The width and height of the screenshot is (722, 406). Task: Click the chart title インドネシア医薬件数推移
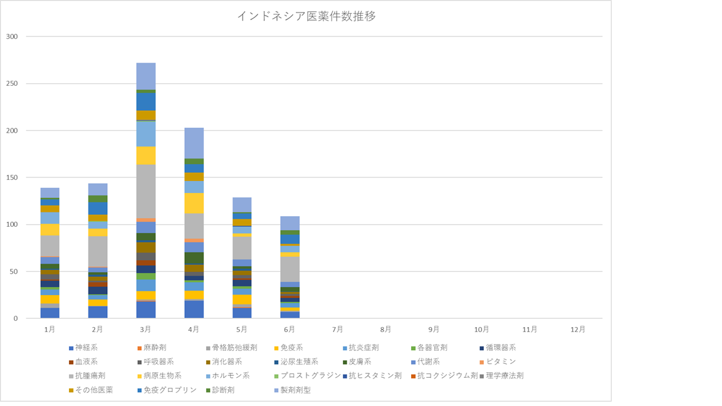pos(306,16)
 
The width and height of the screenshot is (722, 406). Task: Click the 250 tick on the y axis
pos(13,83)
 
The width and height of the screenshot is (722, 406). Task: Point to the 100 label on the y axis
pos(13,224)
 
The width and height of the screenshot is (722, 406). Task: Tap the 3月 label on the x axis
pos(145,329)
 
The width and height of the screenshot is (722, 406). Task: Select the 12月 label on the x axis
pos(578,329)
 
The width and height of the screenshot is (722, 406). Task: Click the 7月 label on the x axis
pos(338,329)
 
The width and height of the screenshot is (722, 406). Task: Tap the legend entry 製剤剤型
pos(294,390)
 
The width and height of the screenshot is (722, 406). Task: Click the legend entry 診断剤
pos(226,390)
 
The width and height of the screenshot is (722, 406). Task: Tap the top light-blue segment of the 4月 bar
pos(194,143)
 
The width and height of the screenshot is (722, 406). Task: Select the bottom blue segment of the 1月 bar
pos(50,313)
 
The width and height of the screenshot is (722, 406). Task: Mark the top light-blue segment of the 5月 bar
pos(242,204)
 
